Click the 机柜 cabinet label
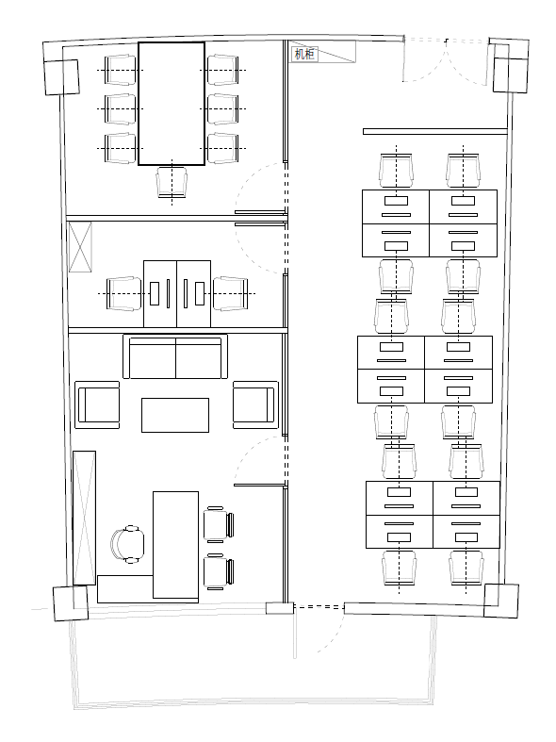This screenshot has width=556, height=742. coord(304,54)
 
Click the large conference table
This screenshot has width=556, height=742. coord(172,104)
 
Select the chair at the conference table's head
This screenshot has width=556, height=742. coord(172,182)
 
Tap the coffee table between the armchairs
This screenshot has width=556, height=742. coord(175,415)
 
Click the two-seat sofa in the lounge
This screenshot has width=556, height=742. coord(175,356)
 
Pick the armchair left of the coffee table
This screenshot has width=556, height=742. coord(97,405)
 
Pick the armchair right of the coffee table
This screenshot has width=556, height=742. coord(254,405)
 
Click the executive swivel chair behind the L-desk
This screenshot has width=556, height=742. coord(127,544)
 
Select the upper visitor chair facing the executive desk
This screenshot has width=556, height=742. coord(219,524)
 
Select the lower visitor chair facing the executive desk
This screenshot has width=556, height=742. coord(219,571)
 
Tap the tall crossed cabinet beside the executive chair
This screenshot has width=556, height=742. coord(84,518)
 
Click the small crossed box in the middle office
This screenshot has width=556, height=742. coord(80,247)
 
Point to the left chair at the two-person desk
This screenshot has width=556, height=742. coord(124,293)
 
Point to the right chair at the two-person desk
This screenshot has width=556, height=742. coord(230,293)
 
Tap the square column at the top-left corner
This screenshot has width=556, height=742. coord(61,77)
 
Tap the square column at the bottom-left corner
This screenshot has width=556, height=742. coord(71,603)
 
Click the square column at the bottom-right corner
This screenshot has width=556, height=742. coord(501,601)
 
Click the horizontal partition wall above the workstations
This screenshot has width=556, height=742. coord(435,132)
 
